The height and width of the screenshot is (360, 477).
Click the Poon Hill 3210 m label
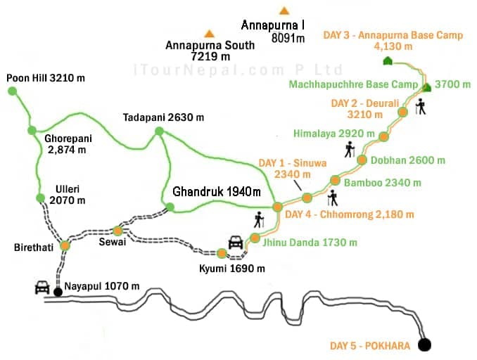(x=45, y=77)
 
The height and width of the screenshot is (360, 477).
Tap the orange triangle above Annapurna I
(x=284, y=11)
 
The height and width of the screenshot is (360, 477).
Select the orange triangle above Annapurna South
(x=209, y=33)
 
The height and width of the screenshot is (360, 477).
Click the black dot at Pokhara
(x=424, y=345)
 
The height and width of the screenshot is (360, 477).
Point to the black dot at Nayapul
(x=58, y=290)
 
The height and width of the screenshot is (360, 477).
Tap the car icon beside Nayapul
(x=42, y=288)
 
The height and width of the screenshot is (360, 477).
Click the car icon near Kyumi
(x=235, y=243)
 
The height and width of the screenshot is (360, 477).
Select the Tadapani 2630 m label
(x=163, y=117)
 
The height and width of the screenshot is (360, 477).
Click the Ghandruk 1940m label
(x=217, y=191)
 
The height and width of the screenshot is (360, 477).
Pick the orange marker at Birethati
(x=65, y=245)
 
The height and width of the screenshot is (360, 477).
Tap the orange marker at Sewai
(x=118, y=231)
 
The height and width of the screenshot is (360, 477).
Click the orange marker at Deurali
(x=402, y=111)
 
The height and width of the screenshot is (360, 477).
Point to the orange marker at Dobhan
(x=362, y=160)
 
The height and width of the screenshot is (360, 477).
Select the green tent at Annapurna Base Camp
(x=387, y=61)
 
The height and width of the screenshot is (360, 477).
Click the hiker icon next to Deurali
(x=421, y=108)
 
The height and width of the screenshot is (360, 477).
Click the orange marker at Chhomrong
(x=277, y=207)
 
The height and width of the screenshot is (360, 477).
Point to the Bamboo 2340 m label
(x=382, y=183)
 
